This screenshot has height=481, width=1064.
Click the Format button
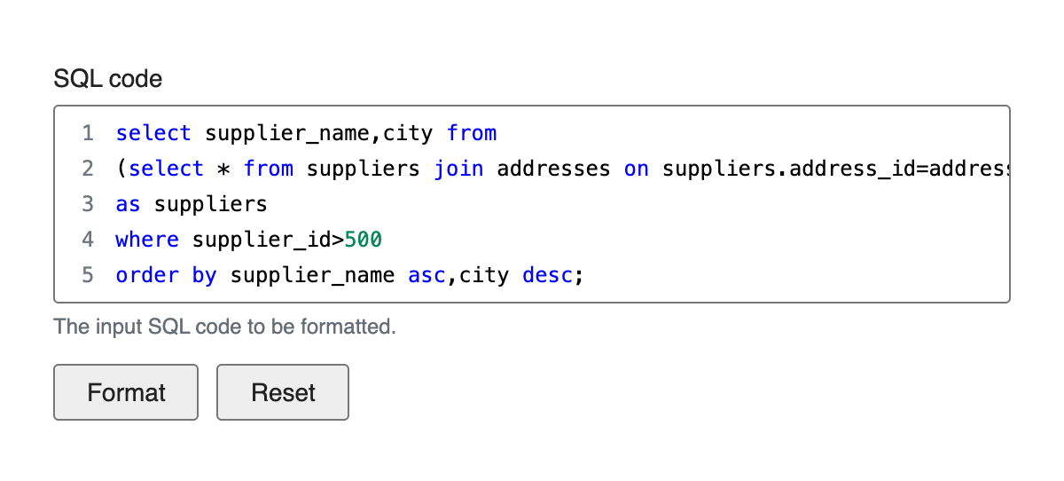point(126,392)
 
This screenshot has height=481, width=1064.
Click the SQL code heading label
point(108,78)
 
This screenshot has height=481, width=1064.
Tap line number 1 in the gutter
point(88,133)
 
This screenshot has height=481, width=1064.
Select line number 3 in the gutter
point(88,204)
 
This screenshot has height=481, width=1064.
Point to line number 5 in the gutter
point(88,275)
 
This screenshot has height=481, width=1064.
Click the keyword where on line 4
point(147,240)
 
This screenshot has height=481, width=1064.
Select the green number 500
point(364,240)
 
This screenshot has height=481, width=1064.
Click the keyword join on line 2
point(459,169)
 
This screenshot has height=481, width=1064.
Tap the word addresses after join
point(553,169)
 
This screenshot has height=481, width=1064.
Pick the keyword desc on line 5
point(548,275)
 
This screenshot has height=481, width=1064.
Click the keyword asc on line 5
point(427,276)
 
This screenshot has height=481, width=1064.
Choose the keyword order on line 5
point(147,275)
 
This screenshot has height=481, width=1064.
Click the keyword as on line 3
point(128,204)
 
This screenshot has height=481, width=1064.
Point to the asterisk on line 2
point(223,170)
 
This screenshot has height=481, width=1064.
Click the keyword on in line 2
point(637,170)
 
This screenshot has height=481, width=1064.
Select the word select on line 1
point(153,133)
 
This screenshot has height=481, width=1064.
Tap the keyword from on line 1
point(472,133)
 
